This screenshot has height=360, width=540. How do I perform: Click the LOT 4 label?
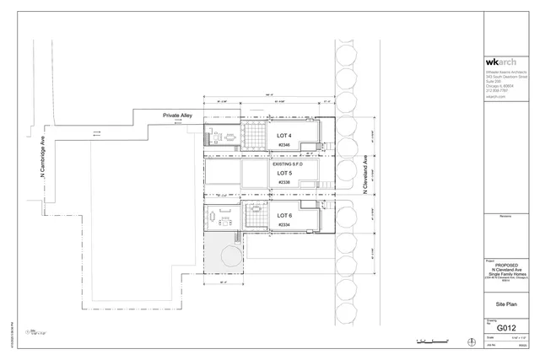[284, 136]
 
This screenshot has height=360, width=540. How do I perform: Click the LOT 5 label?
[284, 174]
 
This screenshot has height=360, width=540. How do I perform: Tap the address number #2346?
[284, 145]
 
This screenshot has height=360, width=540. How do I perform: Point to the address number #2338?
[284, 182]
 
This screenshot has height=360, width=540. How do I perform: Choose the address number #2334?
[284, 225]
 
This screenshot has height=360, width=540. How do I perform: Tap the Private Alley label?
[178, 115]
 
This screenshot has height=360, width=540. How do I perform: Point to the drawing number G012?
[506, 328]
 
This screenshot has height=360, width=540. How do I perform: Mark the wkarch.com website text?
[495, 96]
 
